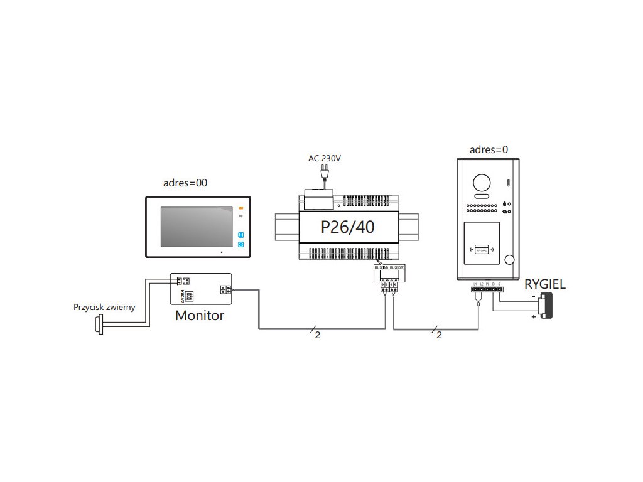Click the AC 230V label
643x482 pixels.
(x=324, y=159)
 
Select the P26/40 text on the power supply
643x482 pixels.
(x=347, y=227)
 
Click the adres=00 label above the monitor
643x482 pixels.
(x=185, y=183)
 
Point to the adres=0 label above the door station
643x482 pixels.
(x=489, y=149)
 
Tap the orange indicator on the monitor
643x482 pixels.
(x=240, y=207)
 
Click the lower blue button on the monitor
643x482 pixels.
(x=240, y=245)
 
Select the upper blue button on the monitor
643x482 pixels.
(x=240, y=235)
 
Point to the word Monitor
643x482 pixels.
(x=199, y=316)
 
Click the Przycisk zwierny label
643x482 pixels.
(x=104, y=308)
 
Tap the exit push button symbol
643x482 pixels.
(x=99, y=325)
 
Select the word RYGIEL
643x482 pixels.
(x=545, y=284)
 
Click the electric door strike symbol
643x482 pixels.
(x=544, y=307)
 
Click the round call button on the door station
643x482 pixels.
(x=509, y=260)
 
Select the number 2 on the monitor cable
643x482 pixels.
(x=317, y=335)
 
